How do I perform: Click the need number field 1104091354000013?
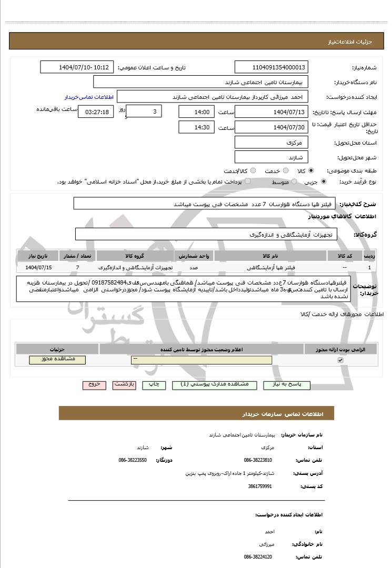pos(271,67)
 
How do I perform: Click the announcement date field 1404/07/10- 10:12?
pos(77,67)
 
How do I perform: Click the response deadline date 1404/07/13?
pos(271,112)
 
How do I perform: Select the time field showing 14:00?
pos(196,112)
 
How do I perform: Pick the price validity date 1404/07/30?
pos(271,127)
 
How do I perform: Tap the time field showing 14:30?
pos(196,127)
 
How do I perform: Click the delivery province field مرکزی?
pos(271,143)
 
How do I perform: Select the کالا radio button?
pos(311,171)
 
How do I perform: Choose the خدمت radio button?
pos(285,171)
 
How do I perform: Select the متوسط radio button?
pos(294,181)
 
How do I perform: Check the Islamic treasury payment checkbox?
pos(248,181)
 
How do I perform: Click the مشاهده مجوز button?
pos(57,360)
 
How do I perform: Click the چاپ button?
pos(154,385)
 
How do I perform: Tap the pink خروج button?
pos(94,385)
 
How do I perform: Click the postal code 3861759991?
pos(260,486)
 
